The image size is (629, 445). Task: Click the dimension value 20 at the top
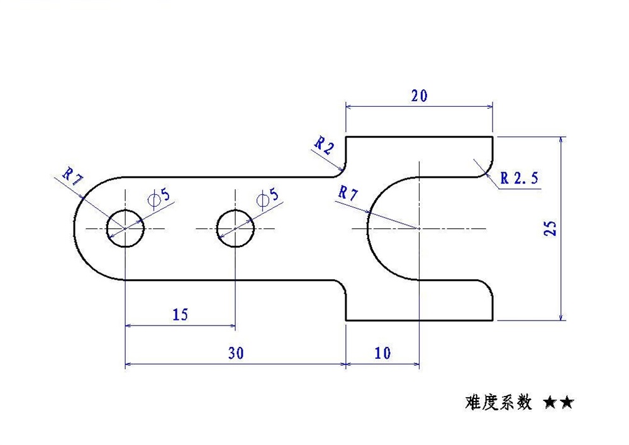419,96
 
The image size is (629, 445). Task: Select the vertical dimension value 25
550,228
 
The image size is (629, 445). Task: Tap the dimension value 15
180,314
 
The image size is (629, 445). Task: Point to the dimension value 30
235,353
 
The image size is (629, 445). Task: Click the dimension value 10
382,353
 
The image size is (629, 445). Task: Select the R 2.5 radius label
519,179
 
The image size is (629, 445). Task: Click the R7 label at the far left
73,177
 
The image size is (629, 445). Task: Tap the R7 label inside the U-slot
348,194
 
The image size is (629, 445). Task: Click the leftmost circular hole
125,228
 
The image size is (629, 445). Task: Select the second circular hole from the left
236,228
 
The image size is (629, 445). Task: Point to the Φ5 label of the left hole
160,198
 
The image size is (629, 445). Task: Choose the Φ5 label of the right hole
269,198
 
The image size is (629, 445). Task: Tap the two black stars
559,402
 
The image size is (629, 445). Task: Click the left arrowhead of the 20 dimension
350,107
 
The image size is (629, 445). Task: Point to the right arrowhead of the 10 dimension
415,363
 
